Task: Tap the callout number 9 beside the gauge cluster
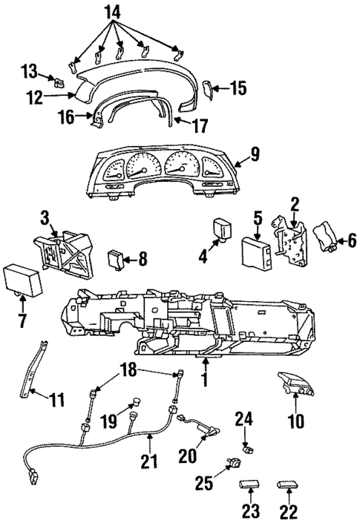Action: pyautogui.click(x=255, y=154)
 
